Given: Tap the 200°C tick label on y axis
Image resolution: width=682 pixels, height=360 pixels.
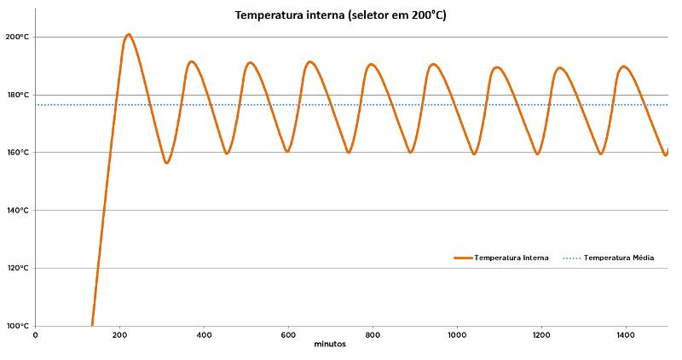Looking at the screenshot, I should click(17, 37).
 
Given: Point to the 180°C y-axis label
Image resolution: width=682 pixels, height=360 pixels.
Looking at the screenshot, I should click(17, 95).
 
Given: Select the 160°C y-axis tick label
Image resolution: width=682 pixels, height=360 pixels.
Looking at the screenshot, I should click(17, 153).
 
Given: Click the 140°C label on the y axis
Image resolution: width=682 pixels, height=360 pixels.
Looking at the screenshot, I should click(17, 211).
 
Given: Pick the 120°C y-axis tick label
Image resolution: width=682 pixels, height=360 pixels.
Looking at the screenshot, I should click(17, 268).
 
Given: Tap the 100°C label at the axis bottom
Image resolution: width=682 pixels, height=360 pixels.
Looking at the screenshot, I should click(17, 326).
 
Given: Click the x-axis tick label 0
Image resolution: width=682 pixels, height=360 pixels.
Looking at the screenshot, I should click(35, 335).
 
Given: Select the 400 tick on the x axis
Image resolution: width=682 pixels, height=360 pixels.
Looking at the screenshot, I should click(204, 335).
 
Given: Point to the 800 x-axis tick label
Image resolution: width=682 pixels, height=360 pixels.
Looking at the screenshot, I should click(373, 335).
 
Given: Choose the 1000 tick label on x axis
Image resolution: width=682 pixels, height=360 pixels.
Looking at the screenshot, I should click(457, 335).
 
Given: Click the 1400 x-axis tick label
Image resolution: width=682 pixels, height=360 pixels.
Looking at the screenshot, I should click(626, 335).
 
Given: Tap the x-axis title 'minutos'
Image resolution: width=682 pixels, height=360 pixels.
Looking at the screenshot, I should click(330, 345).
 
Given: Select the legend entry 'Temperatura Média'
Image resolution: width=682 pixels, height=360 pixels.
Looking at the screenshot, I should click(619, 258).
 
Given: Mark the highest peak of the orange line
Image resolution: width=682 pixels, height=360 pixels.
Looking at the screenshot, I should click(128, 35).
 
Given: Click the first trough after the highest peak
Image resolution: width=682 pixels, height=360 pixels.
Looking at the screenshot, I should click(167, 162).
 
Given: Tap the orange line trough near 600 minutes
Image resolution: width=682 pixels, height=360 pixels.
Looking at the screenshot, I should click(287, 151).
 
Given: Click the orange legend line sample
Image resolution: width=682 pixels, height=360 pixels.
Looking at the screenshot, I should click(463, 258).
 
